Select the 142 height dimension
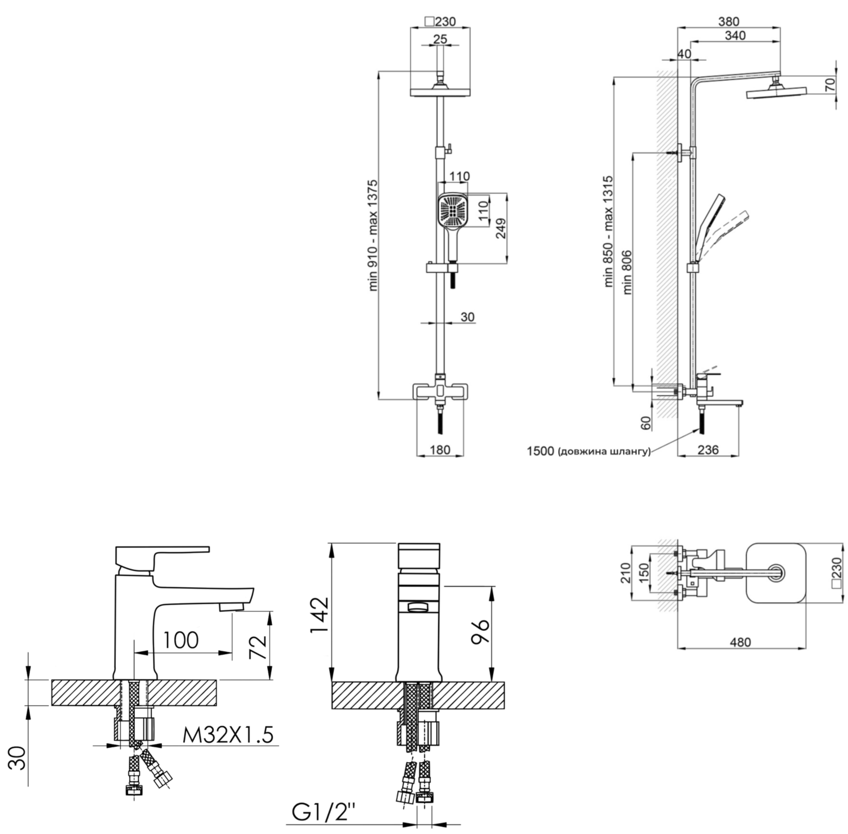pos(320,615)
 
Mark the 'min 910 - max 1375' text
pos(373,235)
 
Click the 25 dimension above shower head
pos(440,39)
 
